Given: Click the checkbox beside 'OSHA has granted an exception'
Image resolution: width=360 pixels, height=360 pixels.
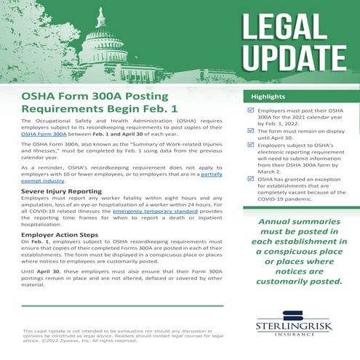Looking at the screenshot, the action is tap(252, 177).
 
